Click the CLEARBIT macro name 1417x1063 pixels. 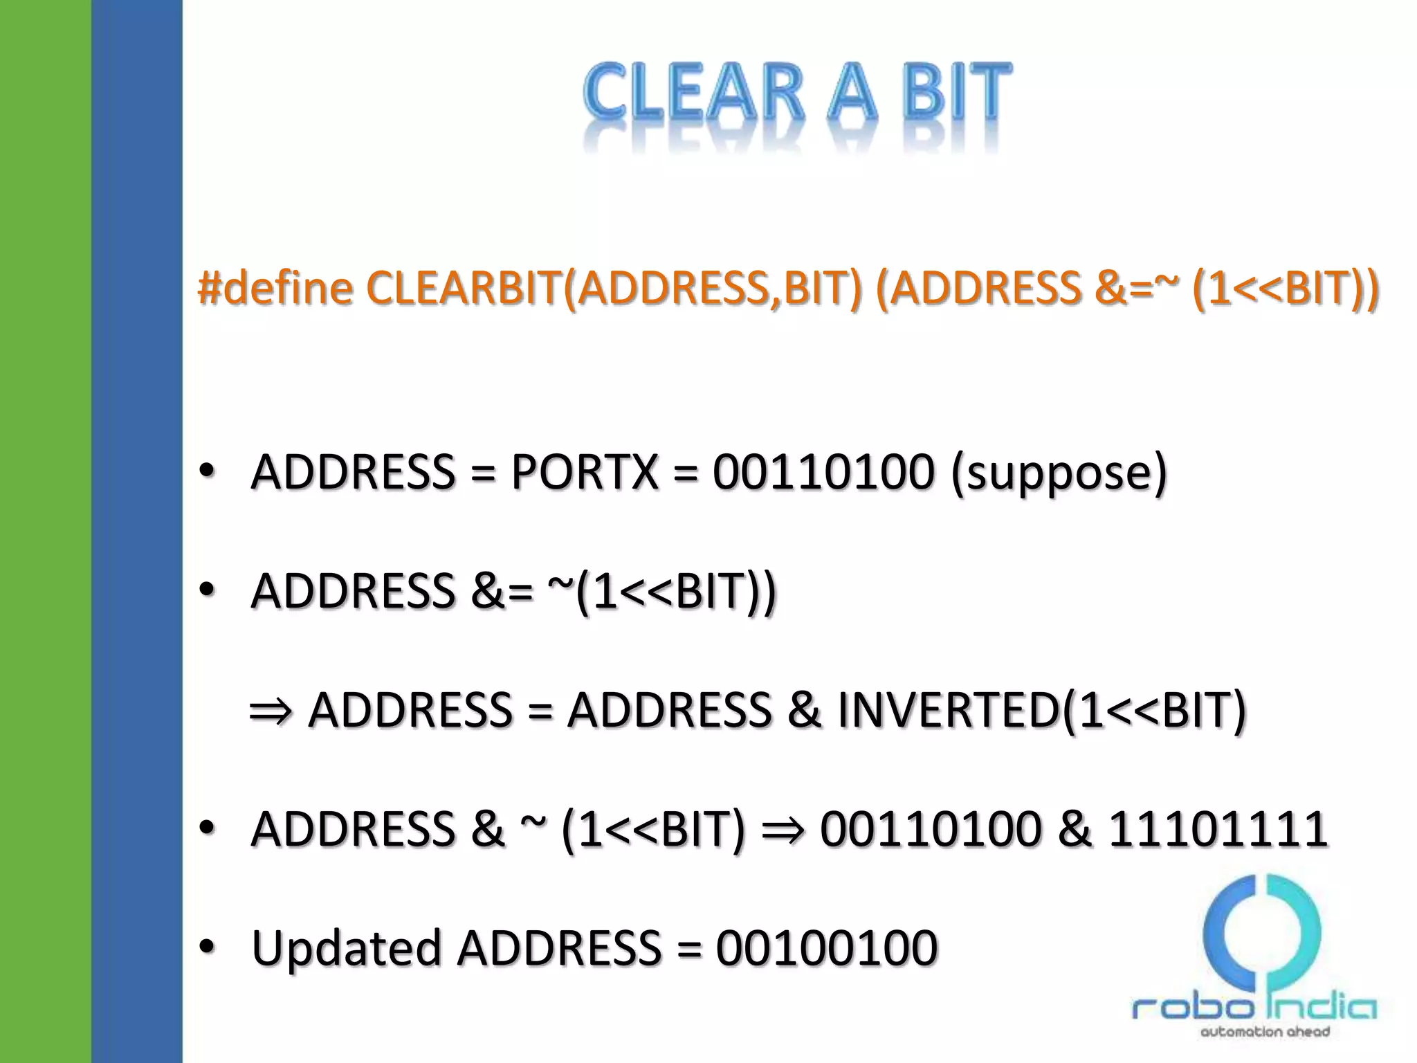[x=464, y=288]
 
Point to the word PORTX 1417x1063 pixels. [x=585, y=473]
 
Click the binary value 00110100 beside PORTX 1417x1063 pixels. [x=823, y=473]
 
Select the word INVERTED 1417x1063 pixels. [x=949, y=710]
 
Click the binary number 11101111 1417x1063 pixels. [x=1218, y=829]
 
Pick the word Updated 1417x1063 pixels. [x=346, y=948]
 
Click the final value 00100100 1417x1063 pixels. [x=827, y=948]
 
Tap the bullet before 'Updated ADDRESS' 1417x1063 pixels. [x=206, y=946]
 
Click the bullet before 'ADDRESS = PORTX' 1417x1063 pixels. [x=206, y=471]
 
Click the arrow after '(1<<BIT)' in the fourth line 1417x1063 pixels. [x=783, y=830]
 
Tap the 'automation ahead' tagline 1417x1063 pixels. [x=1265, y=1032]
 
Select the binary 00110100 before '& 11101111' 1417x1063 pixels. [x=931, y=829]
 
